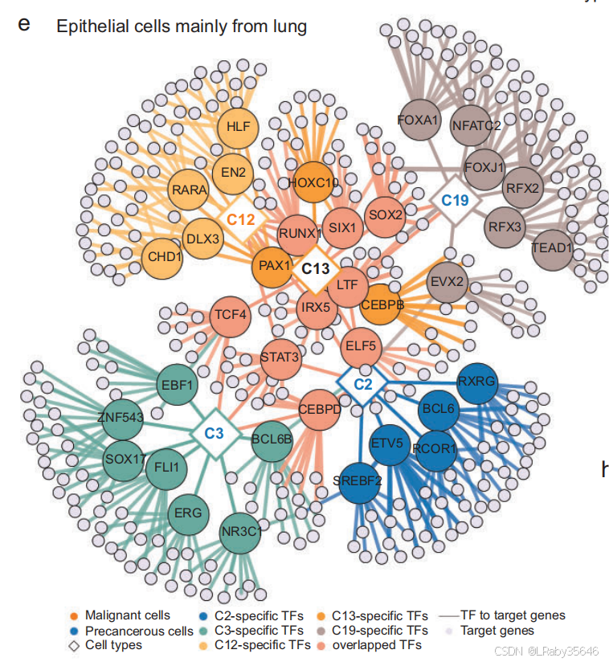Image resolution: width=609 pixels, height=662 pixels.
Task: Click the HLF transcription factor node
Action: click(x=238, y=127)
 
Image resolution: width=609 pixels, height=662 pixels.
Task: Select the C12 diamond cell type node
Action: click(x=240, y=219)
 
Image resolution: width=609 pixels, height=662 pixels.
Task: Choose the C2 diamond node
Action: click(x=363, y=383)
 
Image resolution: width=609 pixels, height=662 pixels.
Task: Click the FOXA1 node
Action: click(x=418, y=121)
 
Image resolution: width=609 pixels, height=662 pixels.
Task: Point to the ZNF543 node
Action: click(x=119, y=416)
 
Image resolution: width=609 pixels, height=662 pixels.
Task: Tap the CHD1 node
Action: click(x=166, y=257)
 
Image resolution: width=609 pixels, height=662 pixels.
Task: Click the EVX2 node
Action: click(x=448, y=282)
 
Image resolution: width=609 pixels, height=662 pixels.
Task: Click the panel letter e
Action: click(x=24, y=23)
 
